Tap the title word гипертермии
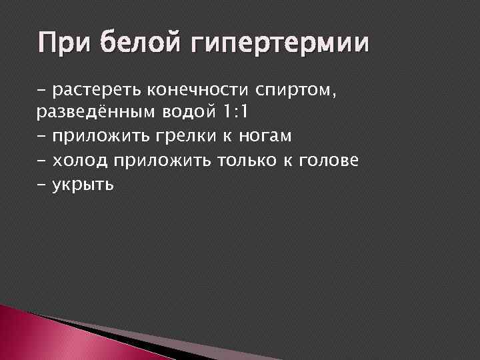(x=279, y=45)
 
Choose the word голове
(x=331, y=160)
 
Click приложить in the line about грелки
(x=110, y=137)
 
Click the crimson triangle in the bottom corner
(x=40, y=333)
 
